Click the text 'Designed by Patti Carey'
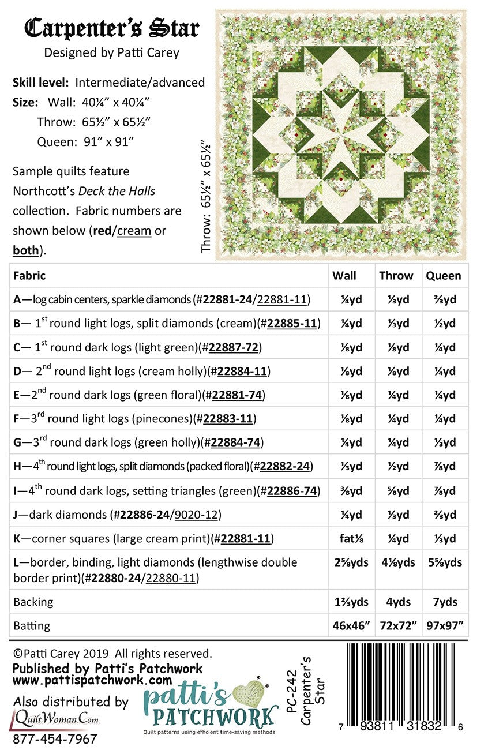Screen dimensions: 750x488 pos(112,53)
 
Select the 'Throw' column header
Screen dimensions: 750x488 pos(396,276)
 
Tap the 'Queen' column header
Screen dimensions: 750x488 pos(443,276)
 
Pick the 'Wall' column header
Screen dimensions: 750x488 pos(344,276)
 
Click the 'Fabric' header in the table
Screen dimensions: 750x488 pos(29,276)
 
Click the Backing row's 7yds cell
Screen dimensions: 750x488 pos(445,602)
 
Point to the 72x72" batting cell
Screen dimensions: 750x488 pos(398,625)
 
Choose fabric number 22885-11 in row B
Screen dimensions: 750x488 pos(289,323)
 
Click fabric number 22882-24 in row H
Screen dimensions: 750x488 pos(286,466)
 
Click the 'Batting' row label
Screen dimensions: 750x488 pos(32,625)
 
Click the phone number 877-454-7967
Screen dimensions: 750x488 pos(55,739)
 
